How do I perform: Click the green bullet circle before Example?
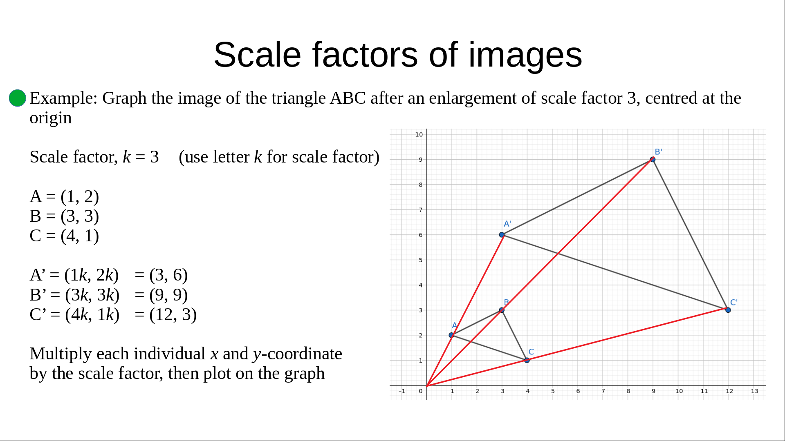18,98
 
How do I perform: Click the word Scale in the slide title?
257,55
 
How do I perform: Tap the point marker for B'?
653,159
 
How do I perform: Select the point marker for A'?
502,235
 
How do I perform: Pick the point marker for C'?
728,310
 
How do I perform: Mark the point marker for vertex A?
451,335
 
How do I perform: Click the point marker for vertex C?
527,360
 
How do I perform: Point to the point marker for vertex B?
502,310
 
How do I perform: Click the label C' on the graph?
734,303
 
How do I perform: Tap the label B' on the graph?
658,152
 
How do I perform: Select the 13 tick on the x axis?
754,391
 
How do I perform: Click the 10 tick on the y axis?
419,134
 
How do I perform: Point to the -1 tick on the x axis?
402,391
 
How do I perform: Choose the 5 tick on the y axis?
420,260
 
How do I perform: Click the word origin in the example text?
51,118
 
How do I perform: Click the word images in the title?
525,55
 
